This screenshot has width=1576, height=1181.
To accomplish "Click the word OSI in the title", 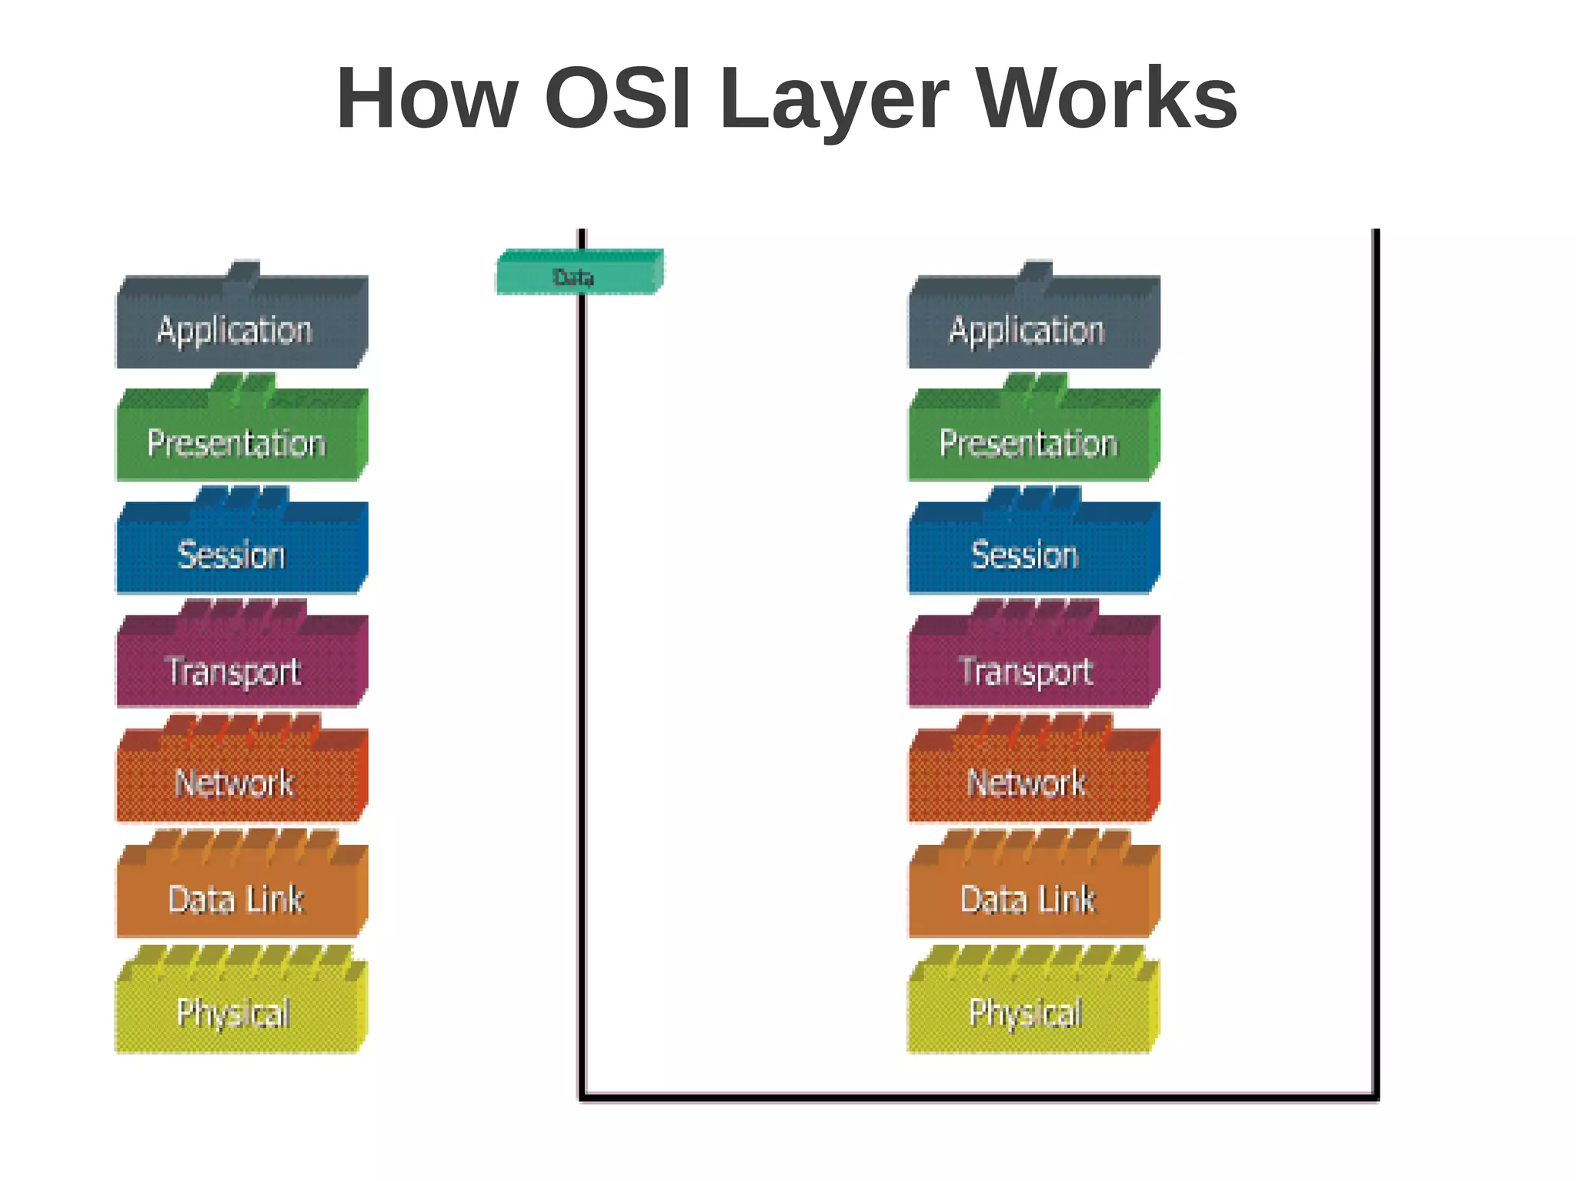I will point(618,98).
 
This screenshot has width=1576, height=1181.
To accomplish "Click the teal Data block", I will point(579,272).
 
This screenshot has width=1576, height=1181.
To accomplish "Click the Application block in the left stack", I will point(240,327).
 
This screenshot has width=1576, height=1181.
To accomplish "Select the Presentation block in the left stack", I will point(240,440).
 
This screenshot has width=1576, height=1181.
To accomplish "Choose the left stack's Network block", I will point(240,780).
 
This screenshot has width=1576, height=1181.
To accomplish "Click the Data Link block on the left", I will point(240,896).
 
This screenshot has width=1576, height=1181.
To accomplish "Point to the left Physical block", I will point(240,1009).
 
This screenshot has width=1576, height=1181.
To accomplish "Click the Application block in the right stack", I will point(1033,327).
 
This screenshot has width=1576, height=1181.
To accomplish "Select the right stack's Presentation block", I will point(1033,440).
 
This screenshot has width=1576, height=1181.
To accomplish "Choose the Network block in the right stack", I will point(1033,780).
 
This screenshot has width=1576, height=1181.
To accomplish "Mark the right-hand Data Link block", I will point(1033,896).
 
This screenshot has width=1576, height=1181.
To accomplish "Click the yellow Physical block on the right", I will point(1033,1009).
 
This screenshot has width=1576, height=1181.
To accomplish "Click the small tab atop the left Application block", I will point(243,272).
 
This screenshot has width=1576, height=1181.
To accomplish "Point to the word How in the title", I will point(427,98).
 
